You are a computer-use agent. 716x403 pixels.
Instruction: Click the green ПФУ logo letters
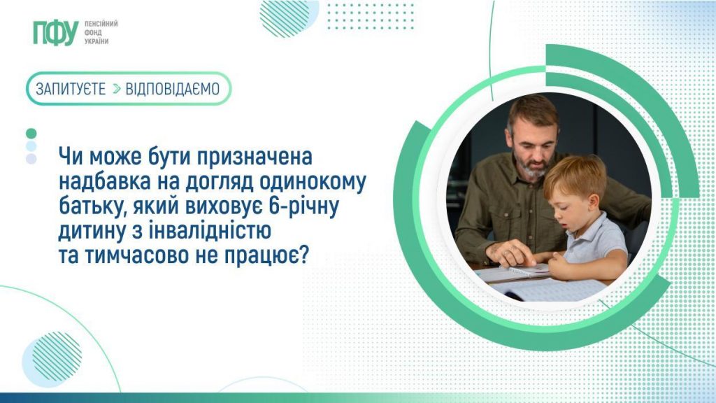(56, 33)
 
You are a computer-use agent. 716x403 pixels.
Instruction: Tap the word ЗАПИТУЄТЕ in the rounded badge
(71, 89)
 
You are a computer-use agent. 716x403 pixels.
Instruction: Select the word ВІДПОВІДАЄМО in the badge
(173, 89)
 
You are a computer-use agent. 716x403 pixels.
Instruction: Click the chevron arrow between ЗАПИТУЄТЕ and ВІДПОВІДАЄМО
(117, 89)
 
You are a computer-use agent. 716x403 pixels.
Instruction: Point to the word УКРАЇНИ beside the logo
(96, 41)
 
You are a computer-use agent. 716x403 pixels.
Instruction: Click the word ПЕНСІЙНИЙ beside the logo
(101, 24)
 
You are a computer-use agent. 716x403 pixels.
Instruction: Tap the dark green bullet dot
(31, 134)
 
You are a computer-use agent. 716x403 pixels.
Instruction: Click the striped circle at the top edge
(289, 17)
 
